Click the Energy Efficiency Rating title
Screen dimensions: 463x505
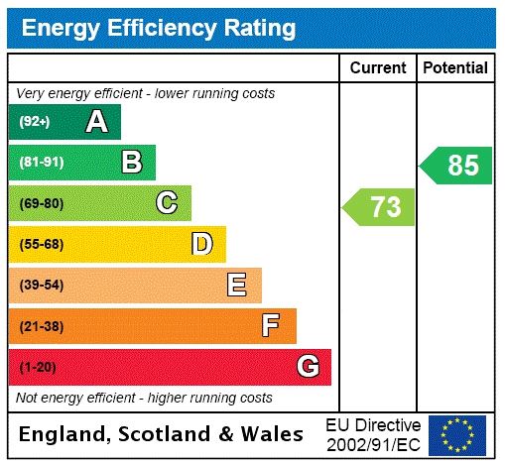pos(159,28)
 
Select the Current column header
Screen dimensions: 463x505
pos(378,68)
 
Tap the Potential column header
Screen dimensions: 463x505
pos(455,68)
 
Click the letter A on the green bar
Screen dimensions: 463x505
pos(96,122)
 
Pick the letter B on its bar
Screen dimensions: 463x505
pos(131,163)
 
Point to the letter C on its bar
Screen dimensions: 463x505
pos(167,203)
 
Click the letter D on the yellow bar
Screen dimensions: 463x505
pos(201,244)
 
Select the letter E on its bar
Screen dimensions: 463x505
pos(237,286)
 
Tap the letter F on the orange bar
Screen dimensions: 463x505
pos(271,326)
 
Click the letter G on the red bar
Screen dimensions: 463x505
pos(308,367)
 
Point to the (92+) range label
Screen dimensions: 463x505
pos(35,122)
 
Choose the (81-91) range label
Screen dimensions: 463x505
pos(41,163)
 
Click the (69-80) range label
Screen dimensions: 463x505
pos(41,203)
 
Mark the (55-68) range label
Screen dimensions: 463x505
pos(41,244)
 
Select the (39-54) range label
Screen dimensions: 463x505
pos(41,286)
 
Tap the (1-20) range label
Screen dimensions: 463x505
pos(38,368)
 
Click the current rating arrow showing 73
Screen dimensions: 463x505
pos(380,207)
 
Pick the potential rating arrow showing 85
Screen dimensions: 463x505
pos(456,166)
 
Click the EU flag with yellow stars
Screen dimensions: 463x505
pos(457,434)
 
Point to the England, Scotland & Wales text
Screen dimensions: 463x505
pos(162,434)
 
